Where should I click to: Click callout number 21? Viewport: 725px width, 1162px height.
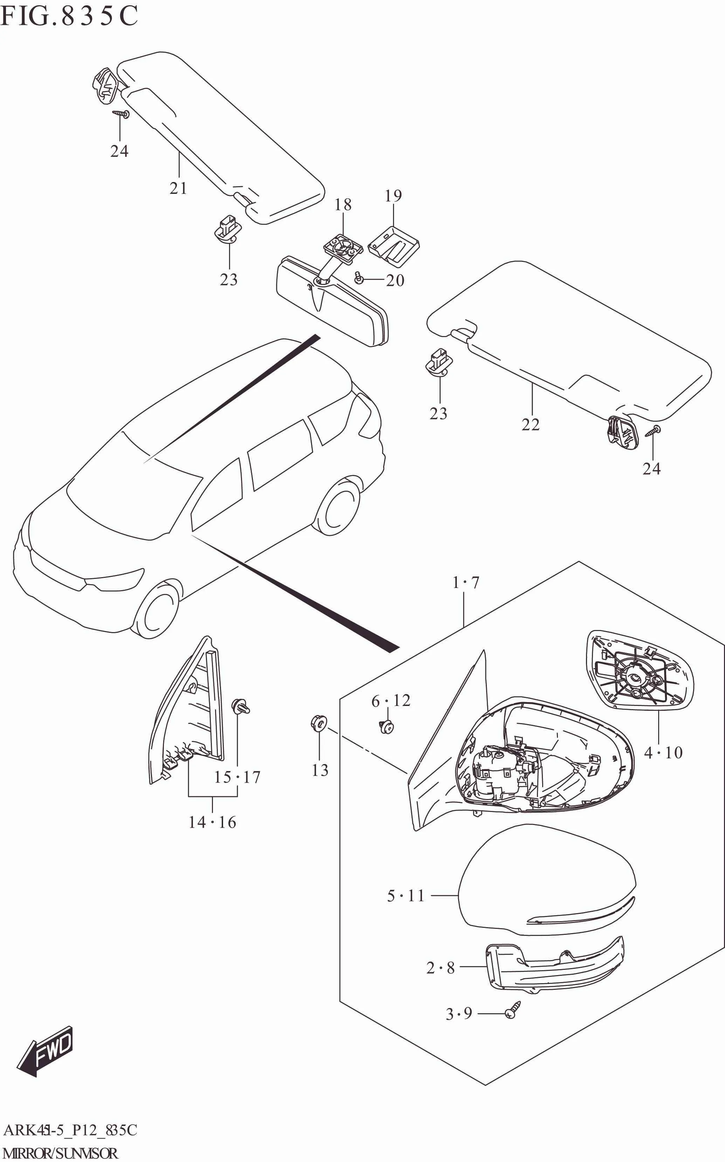[178, 188]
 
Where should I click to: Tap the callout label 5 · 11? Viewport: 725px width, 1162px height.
[406, 896]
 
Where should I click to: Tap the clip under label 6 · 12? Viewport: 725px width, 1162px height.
[386, 727]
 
